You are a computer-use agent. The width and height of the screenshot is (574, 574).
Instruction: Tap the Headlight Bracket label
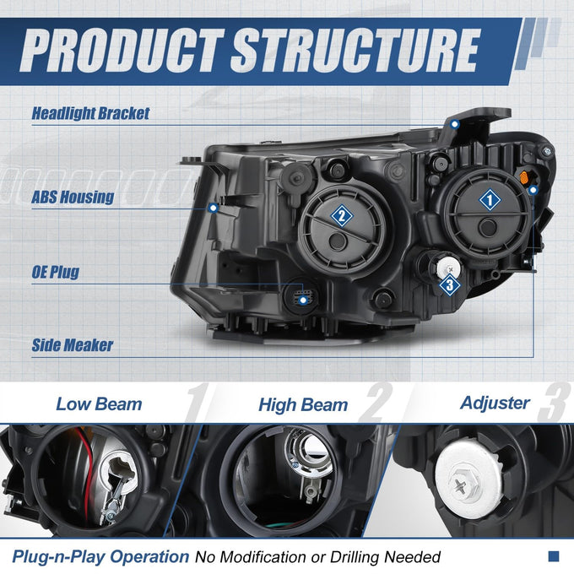pos(90,113)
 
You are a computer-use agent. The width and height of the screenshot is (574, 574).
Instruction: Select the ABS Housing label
pos(73,197)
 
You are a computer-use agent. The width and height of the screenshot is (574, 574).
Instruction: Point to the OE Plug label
pos(55,272)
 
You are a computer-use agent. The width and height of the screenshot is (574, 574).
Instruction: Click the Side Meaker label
pos(72,345)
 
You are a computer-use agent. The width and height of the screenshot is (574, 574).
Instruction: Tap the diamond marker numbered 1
pos(490,200)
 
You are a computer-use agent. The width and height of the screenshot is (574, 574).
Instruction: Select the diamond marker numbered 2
pos(342,215)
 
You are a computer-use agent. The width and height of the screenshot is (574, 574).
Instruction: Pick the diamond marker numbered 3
pos(450,284)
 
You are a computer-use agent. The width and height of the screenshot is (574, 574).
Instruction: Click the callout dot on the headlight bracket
pos(455,124)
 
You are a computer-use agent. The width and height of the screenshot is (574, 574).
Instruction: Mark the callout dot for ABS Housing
pos(213,208)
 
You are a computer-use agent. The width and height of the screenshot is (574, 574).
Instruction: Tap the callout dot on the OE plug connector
pos(303,301)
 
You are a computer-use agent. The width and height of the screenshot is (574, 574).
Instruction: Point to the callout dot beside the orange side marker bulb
pos(533,190)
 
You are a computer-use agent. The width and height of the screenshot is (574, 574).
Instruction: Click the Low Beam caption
pos(99,404)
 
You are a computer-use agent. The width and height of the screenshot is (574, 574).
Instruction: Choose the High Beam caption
pos(303,405)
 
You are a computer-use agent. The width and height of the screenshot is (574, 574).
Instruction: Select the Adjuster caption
pos(495,403)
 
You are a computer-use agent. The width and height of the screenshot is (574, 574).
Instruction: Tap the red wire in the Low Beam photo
pos(86,472)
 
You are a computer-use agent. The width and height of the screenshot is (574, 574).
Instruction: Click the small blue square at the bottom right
pos(554,556)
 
